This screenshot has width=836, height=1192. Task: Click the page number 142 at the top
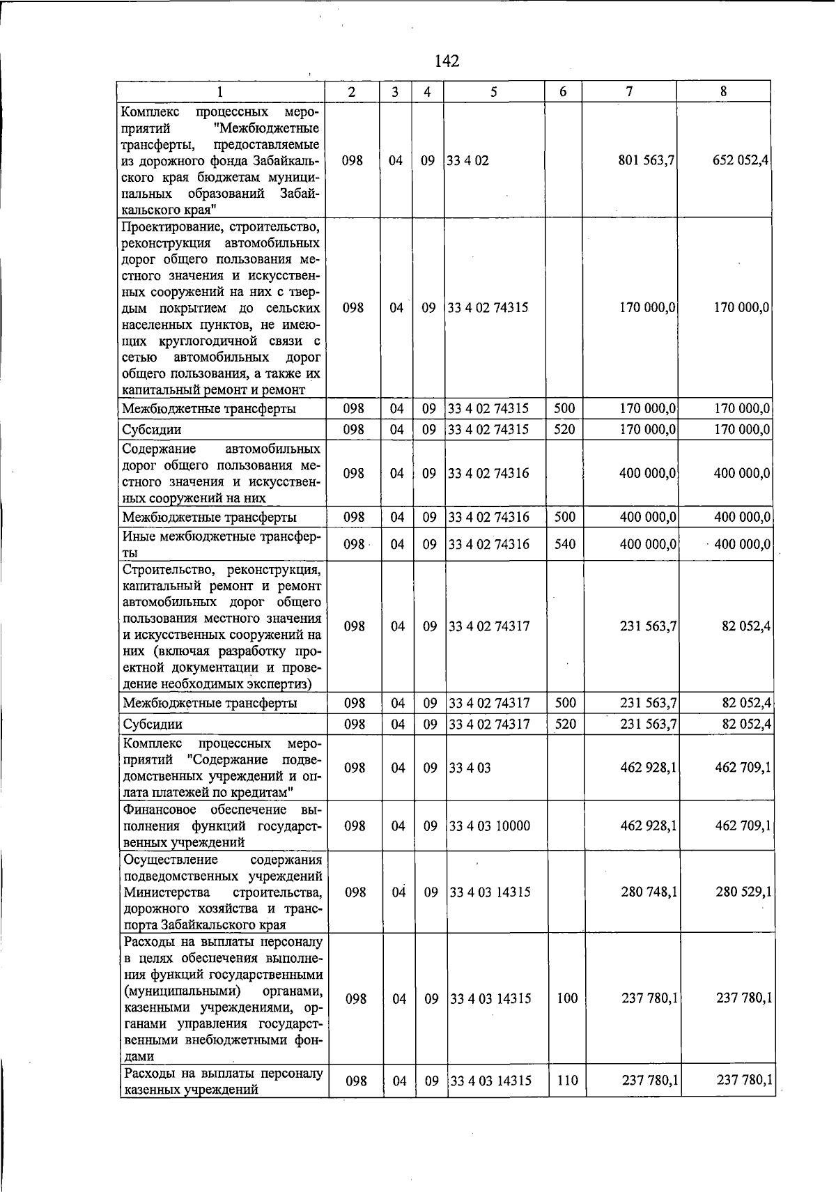[x=447, y=61]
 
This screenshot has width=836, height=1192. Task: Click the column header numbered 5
[x=493, y=91]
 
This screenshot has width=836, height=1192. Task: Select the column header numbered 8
[x=724, y=91]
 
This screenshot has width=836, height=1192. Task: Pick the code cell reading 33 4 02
[x=468, y=161]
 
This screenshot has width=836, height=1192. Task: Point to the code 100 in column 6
[x=567, y=998]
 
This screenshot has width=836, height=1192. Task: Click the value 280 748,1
[x=649, y=892]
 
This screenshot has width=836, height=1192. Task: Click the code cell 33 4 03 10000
[x=490, y=826]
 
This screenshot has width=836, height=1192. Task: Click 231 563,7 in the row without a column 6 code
[x=648, y=626]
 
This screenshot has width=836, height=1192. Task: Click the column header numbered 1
[x=220, y=91]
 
